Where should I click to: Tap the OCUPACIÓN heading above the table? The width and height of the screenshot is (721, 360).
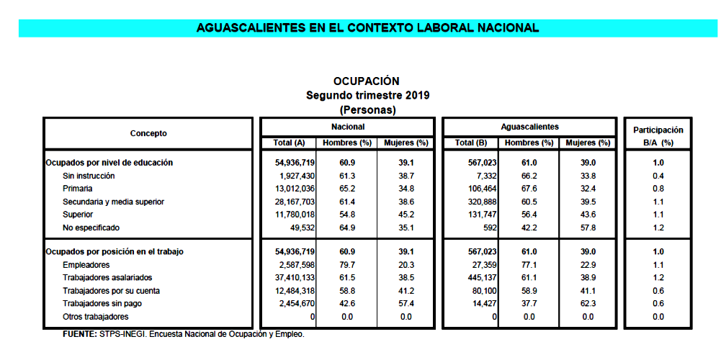pos(366,81)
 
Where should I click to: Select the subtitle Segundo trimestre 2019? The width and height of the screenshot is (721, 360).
pos(368,95)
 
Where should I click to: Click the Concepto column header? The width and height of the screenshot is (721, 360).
pos(148,133)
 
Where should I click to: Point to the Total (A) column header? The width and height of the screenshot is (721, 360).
pos(290,143)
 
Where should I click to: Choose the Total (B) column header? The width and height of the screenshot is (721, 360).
pos(474,143)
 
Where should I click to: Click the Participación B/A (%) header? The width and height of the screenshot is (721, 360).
pos(658,136)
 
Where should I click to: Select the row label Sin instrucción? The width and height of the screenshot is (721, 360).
pos(89,176)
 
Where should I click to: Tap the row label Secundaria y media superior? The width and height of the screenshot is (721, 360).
pos(114,202)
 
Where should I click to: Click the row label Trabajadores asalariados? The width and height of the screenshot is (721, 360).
pos(107,278)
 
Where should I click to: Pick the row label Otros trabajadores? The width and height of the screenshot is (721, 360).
pos(96,317)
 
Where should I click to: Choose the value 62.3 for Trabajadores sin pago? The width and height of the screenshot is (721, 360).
pos(588,304)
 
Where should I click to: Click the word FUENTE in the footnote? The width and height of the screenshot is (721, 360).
pos(79,334)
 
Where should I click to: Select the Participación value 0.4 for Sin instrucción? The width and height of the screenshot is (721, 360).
pos(658,176)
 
